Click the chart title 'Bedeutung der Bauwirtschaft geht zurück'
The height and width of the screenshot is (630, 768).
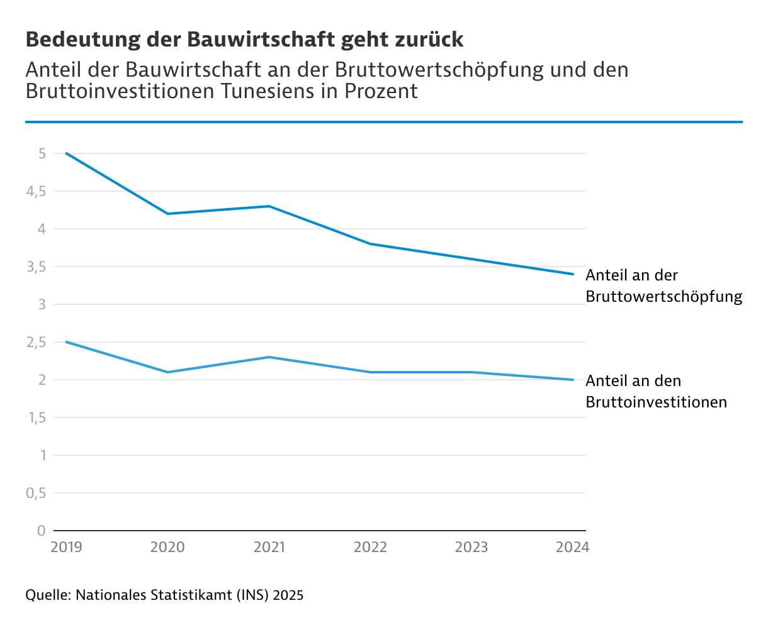[244, 40]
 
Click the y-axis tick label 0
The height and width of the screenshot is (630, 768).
[42, 531]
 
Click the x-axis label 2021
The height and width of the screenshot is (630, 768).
[269, 548]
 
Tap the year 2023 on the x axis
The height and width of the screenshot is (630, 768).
[472, 548]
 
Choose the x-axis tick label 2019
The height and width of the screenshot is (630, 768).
[66, 548]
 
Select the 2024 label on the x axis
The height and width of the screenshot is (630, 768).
[572, 548]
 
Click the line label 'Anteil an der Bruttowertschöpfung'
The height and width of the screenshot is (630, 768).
[664, 285]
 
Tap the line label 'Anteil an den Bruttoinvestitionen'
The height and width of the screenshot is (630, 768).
[656, 391]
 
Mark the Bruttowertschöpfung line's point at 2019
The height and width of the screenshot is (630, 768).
[66, 153]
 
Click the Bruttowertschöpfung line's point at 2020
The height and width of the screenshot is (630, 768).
[167, 214]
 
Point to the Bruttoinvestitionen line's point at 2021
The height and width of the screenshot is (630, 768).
[269, 357]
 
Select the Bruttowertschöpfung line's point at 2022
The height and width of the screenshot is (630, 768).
[370, 244]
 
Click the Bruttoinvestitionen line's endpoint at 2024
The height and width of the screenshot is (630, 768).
[572, 380]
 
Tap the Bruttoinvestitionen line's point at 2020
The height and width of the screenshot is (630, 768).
[167, 372]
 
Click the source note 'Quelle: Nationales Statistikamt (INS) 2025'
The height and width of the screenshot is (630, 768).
[164, 595]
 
